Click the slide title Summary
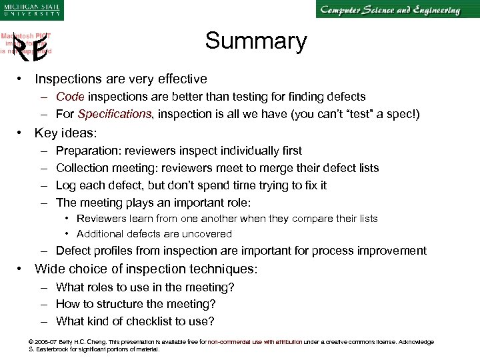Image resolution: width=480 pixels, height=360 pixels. [x=256, y=41]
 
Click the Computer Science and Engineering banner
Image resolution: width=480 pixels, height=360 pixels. [x=390, y=11]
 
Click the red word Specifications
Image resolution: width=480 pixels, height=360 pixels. [x=104, y=114]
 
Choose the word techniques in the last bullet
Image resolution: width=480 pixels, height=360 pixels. [x=217, y=269]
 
